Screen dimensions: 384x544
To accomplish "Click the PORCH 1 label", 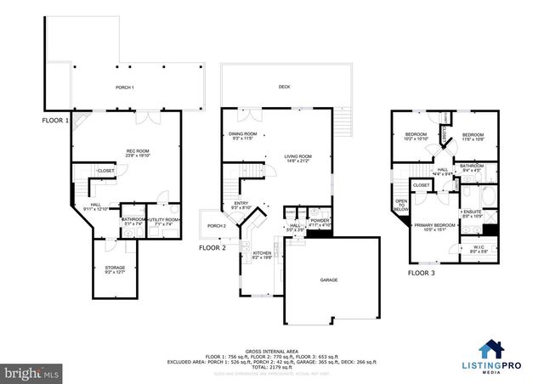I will click(x=125, y=88).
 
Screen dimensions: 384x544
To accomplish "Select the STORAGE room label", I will click(x=115, y=269).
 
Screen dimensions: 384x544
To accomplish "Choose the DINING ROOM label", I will click(x=243, y=136).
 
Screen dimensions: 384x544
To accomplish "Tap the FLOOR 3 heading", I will click(x=421, y=274).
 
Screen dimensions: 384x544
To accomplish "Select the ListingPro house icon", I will click(x=491, y=348).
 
